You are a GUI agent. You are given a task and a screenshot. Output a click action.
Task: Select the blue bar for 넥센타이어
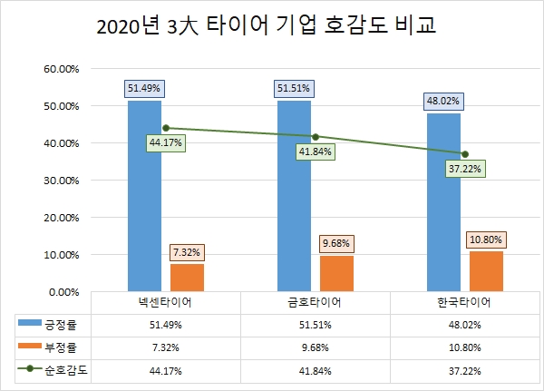coord(144,195)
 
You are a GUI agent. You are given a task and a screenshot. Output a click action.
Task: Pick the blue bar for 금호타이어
coord(294,195)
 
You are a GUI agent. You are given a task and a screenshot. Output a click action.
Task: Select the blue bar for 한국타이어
coord(443,201)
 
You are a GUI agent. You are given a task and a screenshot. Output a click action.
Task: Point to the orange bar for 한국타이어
coord(486,270)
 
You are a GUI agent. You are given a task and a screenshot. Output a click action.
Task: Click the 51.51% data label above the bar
coord(294,89)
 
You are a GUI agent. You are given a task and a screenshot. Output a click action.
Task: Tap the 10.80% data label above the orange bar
coord(486,240)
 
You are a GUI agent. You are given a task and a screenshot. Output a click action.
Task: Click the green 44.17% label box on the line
coord(166,142)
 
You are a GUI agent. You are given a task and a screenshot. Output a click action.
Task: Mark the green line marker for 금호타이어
coord(316,136)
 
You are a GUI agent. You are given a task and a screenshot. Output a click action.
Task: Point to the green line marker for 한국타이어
coord(465,153)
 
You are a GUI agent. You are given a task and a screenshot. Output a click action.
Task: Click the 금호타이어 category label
coord(316,302)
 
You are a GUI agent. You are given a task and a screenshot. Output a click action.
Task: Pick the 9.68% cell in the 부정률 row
coord(316,347)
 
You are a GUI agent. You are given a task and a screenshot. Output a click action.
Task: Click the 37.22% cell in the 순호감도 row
coord(465,369)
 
